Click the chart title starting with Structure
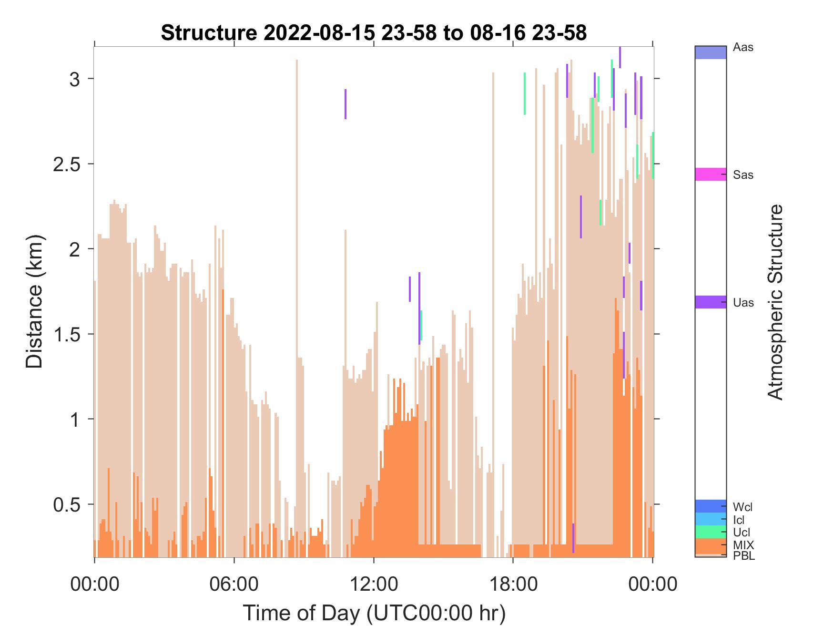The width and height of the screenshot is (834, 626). [374, 33]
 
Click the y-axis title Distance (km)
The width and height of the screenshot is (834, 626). [34, 301]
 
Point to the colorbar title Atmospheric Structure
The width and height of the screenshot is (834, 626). [776, 302]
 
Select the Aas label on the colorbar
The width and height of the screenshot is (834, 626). [743, 48]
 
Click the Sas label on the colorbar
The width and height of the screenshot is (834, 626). [743, 175]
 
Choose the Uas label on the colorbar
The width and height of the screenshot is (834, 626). [743, 303]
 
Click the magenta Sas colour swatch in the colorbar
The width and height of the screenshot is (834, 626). [711, 174]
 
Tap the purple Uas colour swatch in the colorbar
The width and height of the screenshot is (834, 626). [711, 302]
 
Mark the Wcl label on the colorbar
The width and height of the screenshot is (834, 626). [743, 507]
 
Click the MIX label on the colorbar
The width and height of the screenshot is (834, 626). [743, 545]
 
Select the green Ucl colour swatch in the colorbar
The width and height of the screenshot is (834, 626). [711, 532]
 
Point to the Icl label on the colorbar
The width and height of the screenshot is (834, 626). [739, 520]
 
